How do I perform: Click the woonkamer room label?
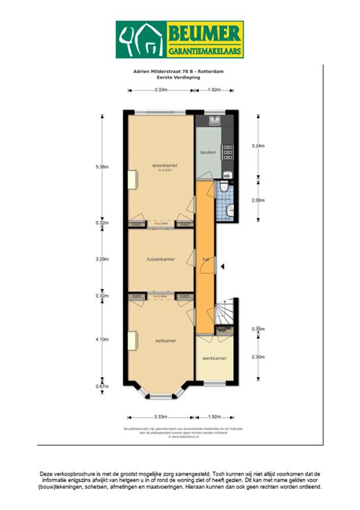(161, 165)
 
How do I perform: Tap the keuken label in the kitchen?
(208, 153)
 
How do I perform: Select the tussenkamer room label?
(161, 259)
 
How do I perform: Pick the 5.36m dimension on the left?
(102, 167)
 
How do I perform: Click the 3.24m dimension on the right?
(258, 145)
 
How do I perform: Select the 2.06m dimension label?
(258, 200)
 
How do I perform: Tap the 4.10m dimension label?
(102, 339)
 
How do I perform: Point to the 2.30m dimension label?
(258, 358)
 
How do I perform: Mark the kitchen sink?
(215, 120)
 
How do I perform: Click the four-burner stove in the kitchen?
(227, 153)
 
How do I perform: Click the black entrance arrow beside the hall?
(223, 266)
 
